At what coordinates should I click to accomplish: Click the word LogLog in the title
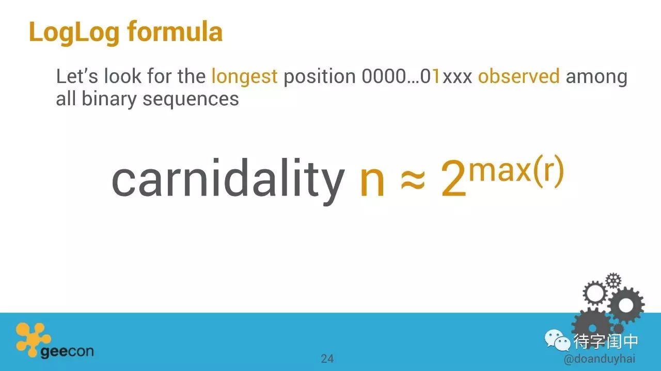click(x=74, y=33)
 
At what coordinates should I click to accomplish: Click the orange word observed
click(x=518, y=76)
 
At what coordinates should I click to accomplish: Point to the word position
click(x=320, y=77)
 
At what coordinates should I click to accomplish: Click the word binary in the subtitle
click(x=108, y=100)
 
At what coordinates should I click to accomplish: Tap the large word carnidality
click(x=228, y=181)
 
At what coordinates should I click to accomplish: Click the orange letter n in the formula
click(x=372, y=183)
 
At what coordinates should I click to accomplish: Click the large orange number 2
click(x=453, y=179)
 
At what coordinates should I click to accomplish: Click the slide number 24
click(x=327, y=359)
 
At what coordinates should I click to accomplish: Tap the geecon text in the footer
click(x=67, y=352)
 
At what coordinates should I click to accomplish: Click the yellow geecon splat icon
click(x=33, y=338)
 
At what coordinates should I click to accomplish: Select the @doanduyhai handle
click(x=600, y=359)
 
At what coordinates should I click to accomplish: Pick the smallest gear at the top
click(x=613, y=281)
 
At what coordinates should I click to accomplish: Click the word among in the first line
click(x=596, y=77)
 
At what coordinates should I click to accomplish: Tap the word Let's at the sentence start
click(x=77, y=76)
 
